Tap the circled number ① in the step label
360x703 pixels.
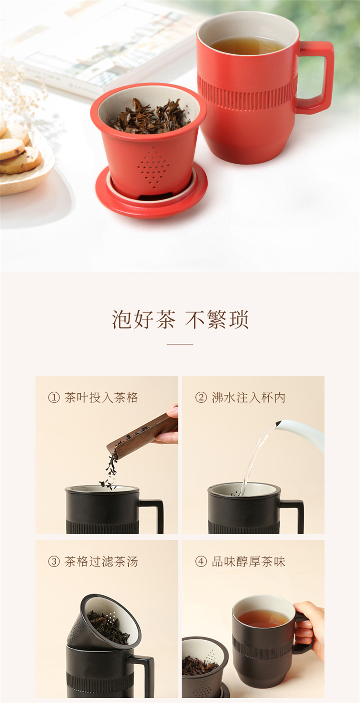pos(54,398)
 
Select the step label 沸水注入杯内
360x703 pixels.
pos(248,398)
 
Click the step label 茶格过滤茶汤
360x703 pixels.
pos(101,561)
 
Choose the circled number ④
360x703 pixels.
pos(201,561)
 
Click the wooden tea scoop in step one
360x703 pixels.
pos(143,432)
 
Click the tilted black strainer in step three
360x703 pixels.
pos(104,621)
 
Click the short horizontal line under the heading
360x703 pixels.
pos(180,344)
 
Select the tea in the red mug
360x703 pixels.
pos(247,46)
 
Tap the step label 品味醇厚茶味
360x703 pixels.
pos(248,561)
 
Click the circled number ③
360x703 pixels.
pos(54,561)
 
